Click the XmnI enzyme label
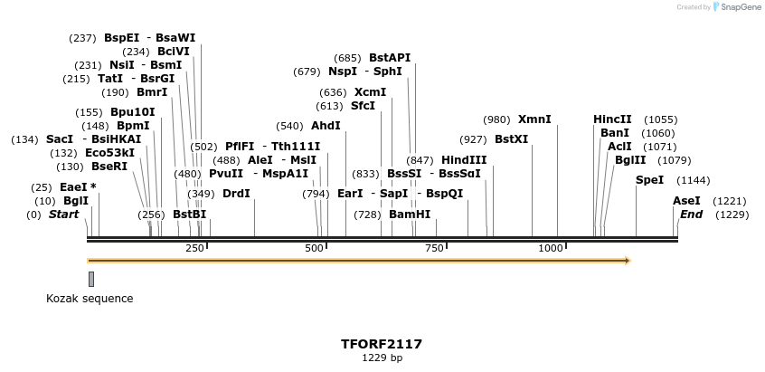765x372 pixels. pos(534,119)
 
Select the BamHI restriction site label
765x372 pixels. pos(410,215)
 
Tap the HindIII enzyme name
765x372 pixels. pos(464,159)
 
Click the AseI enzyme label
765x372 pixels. pos(686,201)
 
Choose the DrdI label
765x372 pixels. pos(236,193)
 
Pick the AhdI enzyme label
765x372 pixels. pos(326,126)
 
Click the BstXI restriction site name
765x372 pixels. pos(511,139)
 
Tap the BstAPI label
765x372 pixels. pos(390,58)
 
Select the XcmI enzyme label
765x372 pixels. pos(370,92)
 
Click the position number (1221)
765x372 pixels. pos(729,201)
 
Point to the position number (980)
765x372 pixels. pos(496,119)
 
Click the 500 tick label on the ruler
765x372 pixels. pos(315,248)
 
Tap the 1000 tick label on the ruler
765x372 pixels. pos(551,248)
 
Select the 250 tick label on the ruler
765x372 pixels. pos(195,248)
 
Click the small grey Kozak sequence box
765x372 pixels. pos(91,279)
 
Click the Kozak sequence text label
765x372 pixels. pos(90,299)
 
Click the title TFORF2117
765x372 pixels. pos(382,344)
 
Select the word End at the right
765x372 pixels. pos(691,215)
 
